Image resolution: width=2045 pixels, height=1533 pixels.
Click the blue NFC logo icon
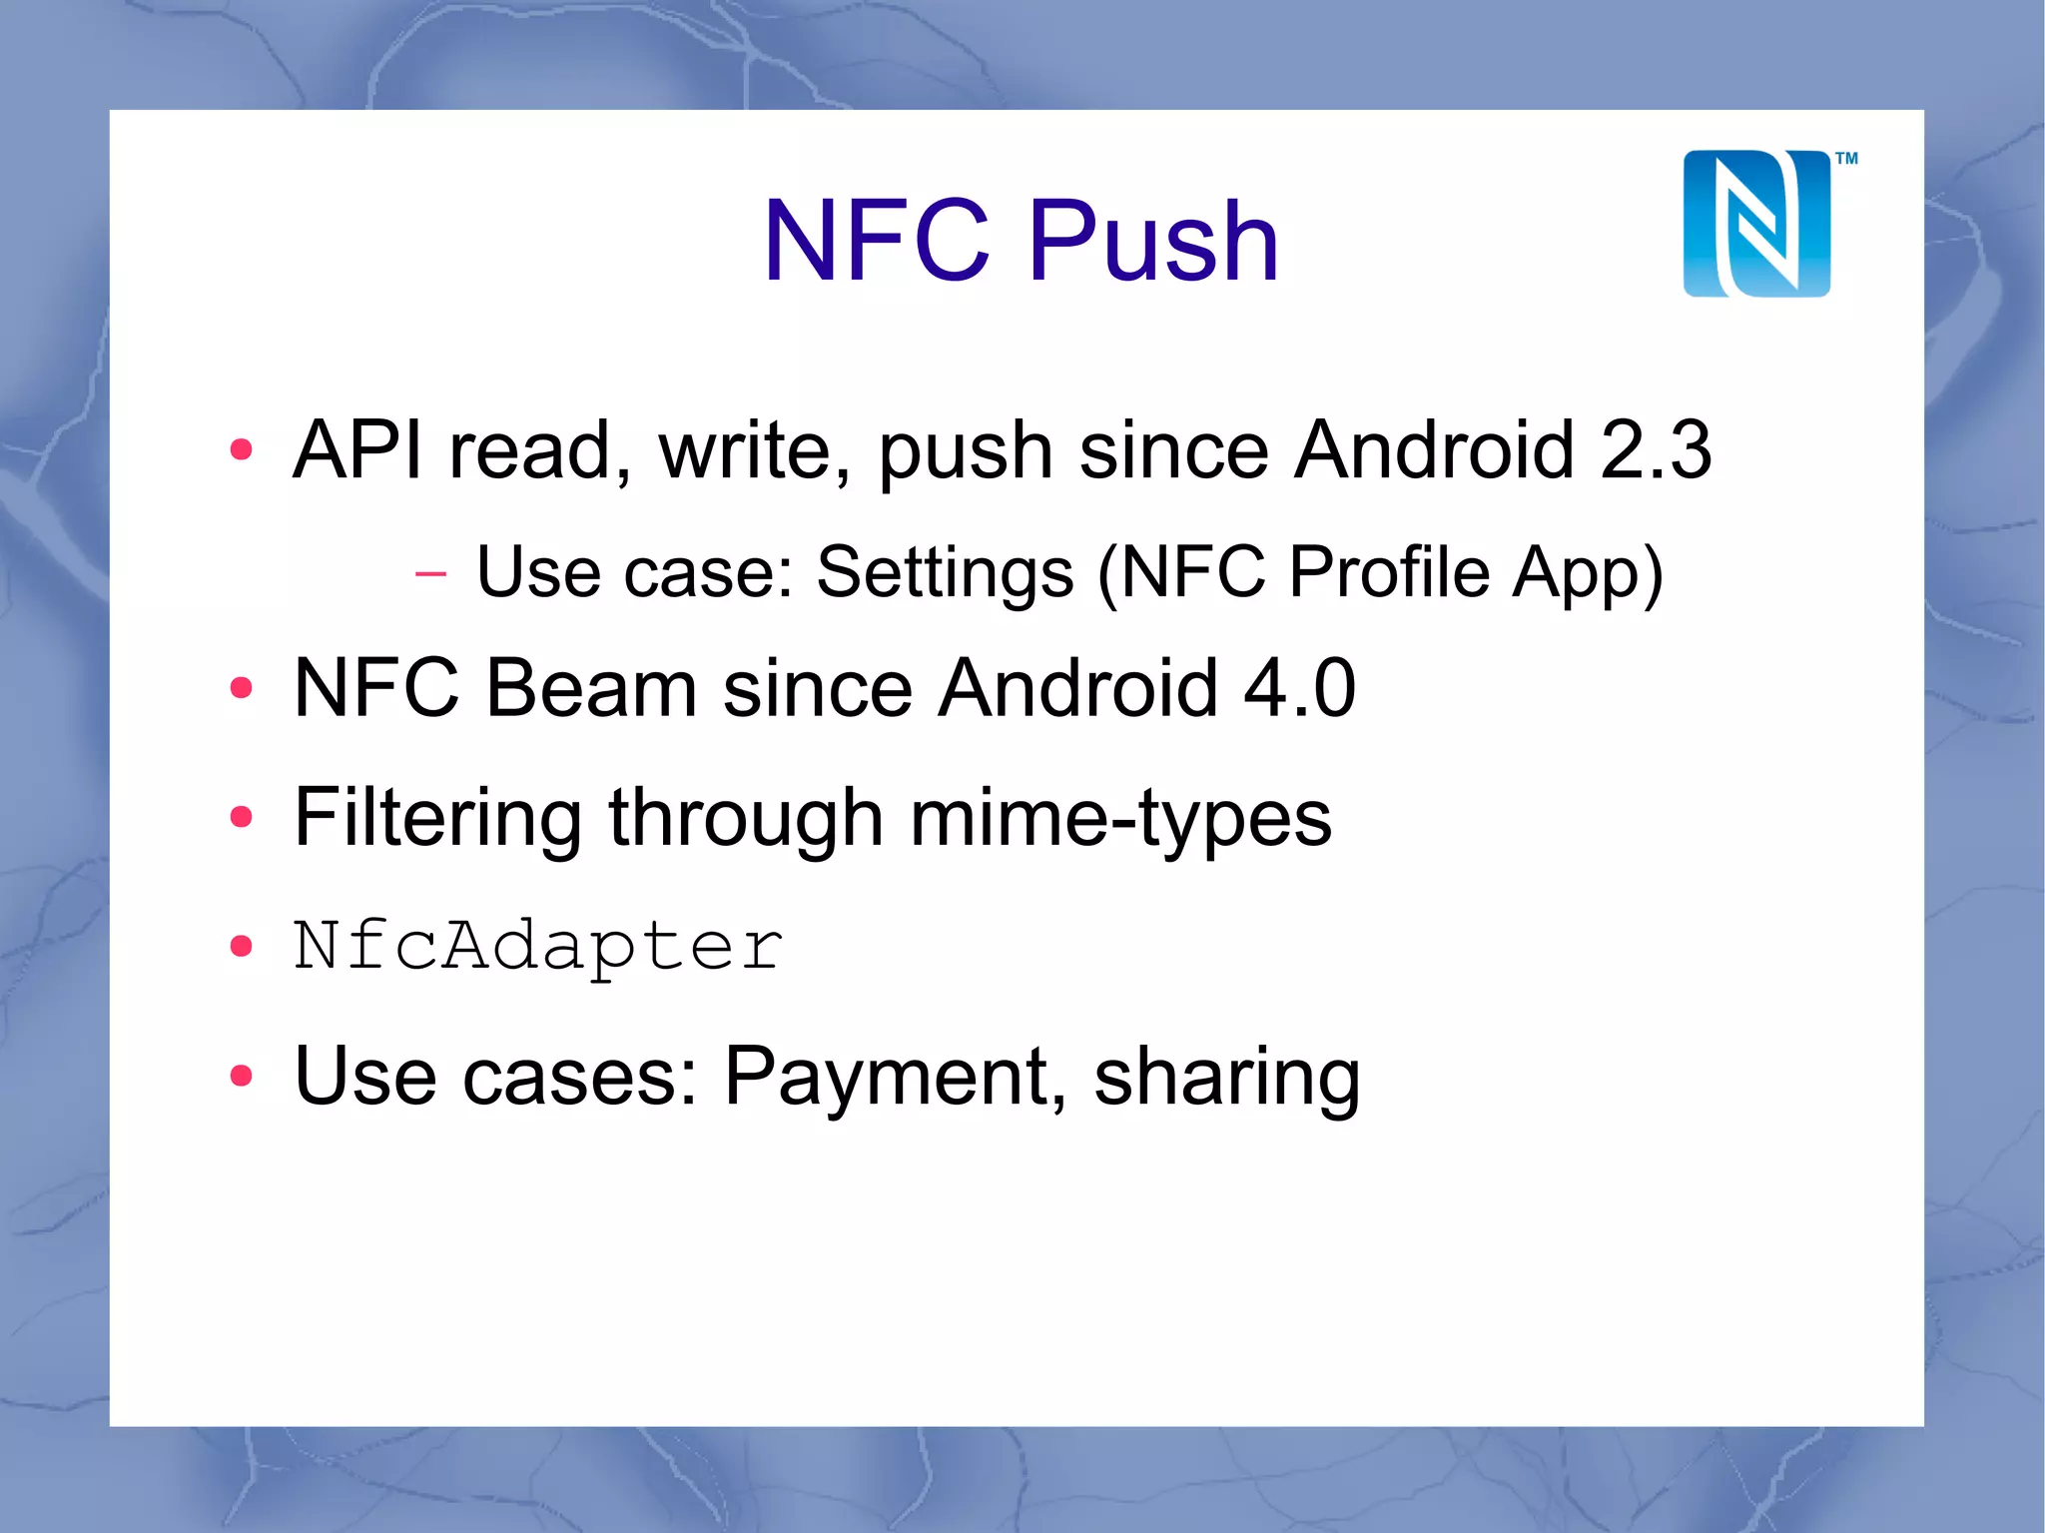1756,224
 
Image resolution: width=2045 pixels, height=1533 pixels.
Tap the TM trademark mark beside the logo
1846,158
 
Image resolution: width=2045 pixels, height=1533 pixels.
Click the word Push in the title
1153,241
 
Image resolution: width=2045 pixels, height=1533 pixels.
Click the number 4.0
1299,688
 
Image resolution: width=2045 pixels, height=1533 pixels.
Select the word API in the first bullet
356,449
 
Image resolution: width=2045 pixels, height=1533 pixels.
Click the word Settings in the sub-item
945,572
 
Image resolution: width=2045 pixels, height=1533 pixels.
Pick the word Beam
591,688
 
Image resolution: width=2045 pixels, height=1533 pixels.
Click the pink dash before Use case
430,573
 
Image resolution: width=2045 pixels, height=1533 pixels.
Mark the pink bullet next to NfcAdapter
241,946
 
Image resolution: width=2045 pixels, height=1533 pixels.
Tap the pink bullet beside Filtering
241,818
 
